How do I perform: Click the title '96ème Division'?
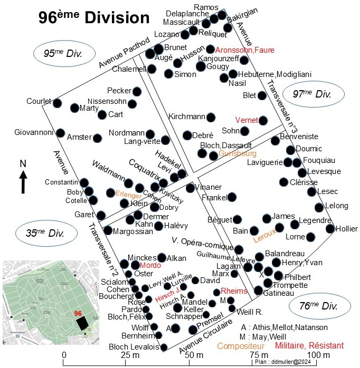coord(94,17)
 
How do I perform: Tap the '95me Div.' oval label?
coord(64,53)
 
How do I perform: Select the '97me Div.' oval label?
coord(313,94)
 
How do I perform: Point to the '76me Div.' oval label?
coord(319,306)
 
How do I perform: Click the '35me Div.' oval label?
coord(46,233)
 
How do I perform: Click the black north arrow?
coord(23,182)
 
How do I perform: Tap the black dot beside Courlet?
coord(57,103)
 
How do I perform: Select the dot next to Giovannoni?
coord(60,133)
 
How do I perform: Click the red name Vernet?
coord(247,120)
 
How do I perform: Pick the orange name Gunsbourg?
coord(238,153)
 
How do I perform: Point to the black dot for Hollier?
coord(330,228)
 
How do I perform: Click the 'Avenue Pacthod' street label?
coord(124,52)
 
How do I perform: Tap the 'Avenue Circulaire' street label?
coord(206,336)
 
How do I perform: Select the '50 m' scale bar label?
coord(194,355)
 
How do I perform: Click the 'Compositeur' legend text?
coord(241,346)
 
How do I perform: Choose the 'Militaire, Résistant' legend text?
coord(309,345)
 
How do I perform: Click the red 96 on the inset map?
coord(78,314)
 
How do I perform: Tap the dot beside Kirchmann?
coord(211,117)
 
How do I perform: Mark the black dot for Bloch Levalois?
coord(164,347)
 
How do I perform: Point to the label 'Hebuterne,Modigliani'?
coord(274,74)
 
